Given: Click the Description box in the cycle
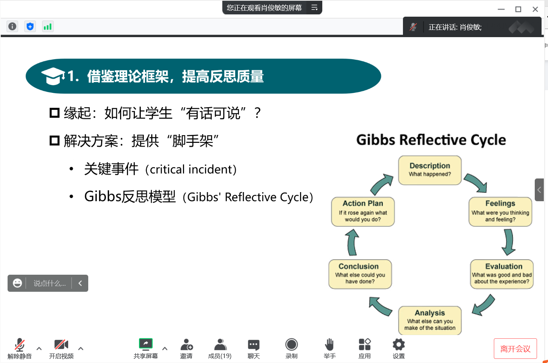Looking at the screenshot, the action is (430, 170).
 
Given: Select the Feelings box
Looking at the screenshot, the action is (500, 212).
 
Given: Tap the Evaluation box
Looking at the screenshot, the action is (502, 274).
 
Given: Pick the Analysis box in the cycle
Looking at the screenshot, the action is (430, 321).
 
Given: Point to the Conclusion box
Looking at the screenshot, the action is (360, 274).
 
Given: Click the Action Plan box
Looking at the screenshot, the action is (363, 212).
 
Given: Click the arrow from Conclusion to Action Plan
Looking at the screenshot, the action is (352, 243).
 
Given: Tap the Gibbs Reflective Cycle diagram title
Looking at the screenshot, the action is (431, 140).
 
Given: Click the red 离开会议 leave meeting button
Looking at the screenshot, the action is (515, 349).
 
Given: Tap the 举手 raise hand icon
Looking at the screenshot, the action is (329, 344).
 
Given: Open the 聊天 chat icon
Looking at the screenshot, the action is (253, 345).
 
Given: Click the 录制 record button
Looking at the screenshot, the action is (291, 344).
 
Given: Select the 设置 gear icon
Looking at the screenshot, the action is (399, 344).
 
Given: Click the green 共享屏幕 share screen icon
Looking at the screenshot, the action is (145, 344).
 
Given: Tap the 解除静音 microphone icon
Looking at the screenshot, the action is (20, 345).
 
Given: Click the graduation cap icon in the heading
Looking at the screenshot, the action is (53, 76).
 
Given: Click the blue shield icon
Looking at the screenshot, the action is (30, 27).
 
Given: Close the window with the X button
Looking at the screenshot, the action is (535, 9).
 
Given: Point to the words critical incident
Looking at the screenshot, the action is (191, 169).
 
